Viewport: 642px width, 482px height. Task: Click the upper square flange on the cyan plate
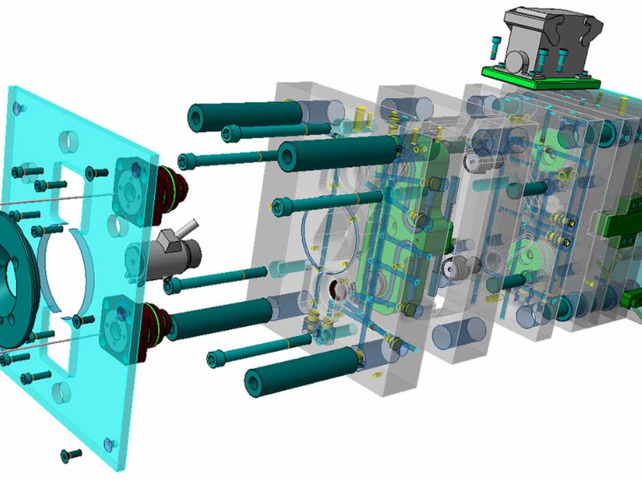pyautogui.click(x=129, y=180)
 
